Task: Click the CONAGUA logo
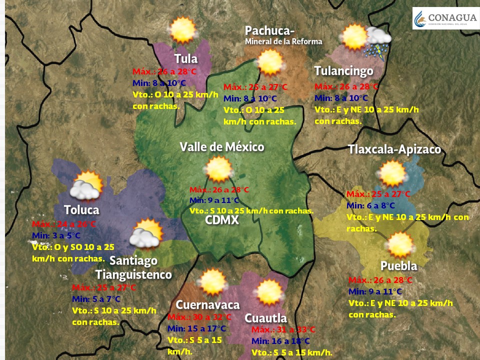click(444, 18)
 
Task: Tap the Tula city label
click(185, 58)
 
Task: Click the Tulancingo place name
click(343, 71)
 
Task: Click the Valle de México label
click(222, 147)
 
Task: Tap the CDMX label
click(221, 220)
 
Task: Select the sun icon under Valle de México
click(218, 169)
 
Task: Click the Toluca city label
click(81, 210)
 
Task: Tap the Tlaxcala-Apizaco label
click(394, 149)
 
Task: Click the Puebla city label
click(398, 265)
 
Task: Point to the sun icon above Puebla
click(400, 245)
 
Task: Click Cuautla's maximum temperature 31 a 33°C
click(283, 329)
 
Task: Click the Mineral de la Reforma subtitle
click(283, 41)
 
